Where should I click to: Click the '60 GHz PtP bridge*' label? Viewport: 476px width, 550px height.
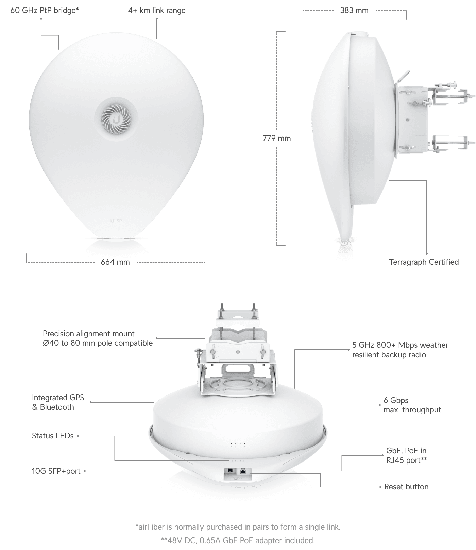click(45, 10)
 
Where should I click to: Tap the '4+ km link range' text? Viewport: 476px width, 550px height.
click(157, 10)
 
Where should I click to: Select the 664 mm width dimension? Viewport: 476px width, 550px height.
click(115, 262)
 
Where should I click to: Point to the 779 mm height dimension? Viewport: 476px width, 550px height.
click(277, 138)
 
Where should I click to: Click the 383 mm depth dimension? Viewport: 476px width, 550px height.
click(354, 10)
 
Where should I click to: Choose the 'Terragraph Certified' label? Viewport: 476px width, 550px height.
click(424, 262)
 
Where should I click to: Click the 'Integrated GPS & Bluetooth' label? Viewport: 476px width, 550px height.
click(58, 402)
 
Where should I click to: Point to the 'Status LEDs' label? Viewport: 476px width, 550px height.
click(53, 436)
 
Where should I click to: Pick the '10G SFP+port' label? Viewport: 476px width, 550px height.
click(56, 471)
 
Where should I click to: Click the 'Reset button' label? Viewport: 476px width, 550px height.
click(406, 487)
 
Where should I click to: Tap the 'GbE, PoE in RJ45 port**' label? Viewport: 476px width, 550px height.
click(406, 455)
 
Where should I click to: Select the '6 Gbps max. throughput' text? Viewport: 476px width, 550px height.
click(412, 405)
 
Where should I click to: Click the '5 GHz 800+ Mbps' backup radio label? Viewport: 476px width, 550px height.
click(400, 350)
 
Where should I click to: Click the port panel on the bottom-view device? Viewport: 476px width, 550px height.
click(238, 474)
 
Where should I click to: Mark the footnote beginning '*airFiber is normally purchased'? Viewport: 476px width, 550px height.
click(238, 527)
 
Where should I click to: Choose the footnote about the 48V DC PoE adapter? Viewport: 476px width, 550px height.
click(238, 540)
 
